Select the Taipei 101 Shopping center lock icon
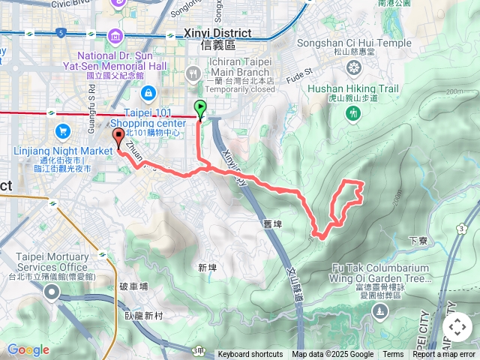point(147,91)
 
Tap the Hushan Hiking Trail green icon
point(354,113)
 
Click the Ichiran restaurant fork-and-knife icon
point(193,73)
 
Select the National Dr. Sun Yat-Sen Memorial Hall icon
point(115,35)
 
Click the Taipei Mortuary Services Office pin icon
point(51,292)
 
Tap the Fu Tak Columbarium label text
point(383,269)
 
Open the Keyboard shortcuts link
point(250,355)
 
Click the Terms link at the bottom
point(393,355)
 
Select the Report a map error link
point(445,355)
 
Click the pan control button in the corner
point(457,327)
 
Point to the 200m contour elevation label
point(452,91)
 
